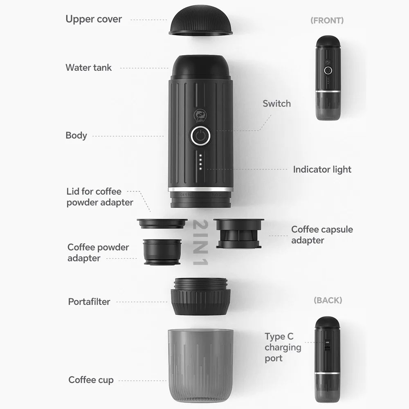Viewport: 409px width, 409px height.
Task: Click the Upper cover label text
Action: click(94, 19)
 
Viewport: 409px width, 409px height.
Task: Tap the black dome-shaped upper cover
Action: click(201, 20)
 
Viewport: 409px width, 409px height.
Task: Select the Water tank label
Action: click(88, 67)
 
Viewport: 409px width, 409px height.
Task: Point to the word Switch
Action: click(276, 103)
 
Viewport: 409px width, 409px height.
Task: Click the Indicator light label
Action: click(322, 169)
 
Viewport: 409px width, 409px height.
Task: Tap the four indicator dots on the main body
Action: click(200, 162)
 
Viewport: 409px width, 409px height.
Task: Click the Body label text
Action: click(76, 135)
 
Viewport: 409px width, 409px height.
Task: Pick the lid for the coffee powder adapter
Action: click(162, 223)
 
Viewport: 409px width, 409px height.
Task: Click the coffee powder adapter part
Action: click(162, 252)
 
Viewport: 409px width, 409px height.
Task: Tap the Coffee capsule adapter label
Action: click(322, 235)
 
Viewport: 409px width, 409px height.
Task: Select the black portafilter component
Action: click(200, 296)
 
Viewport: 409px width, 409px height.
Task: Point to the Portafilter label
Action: click(89, 302)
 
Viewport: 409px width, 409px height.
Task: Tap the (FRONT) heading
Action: click(327, 20)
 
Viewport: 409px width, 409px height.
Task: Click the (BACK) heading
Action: click(327, 300)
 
